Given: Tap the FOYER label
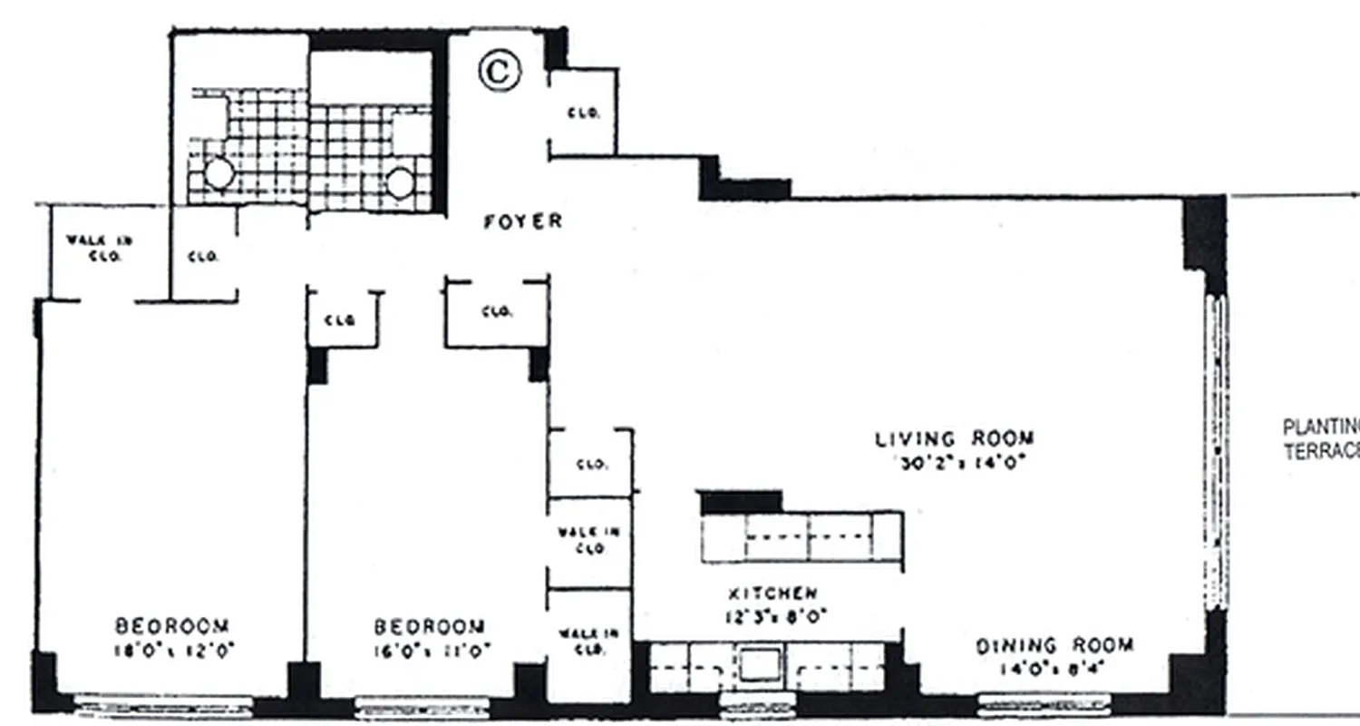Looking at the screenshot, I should pos(522,221).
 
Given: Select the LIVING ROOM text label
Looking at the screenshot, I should pos(954,439).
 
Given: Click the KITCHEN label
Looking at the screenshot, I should pos(772,594).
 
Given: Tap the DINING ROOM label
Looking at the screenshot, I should pos(1054,646).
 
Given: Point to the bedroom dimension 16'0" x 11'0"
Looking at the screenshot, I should pos(432,650).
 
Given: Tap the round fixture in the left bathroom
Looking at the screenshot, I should pos(219,173).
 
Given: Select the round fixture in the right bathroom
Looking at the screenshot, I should pos(401,182).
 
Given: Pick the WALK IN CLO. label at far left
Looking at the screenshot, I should pos(99,249).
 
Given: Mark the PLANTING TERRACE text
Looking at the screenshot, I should pos(1321,439).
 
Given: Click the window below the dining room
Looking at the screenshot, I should pos(1044,703).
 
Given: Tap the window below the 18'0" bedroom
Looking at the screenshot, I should pos(163,703).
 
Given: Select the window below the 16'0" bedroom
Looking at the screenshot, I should pos(420,705).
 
